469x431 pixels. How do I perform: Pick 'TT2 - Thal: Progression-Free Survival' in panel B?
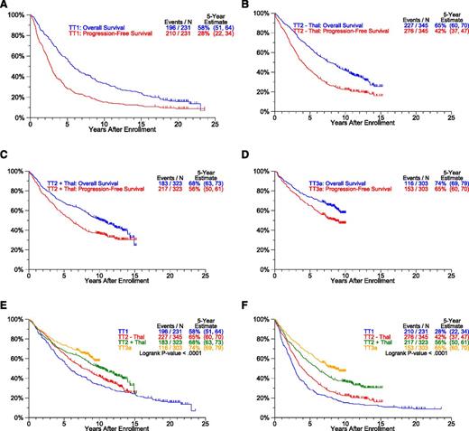tap(345, 23)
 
